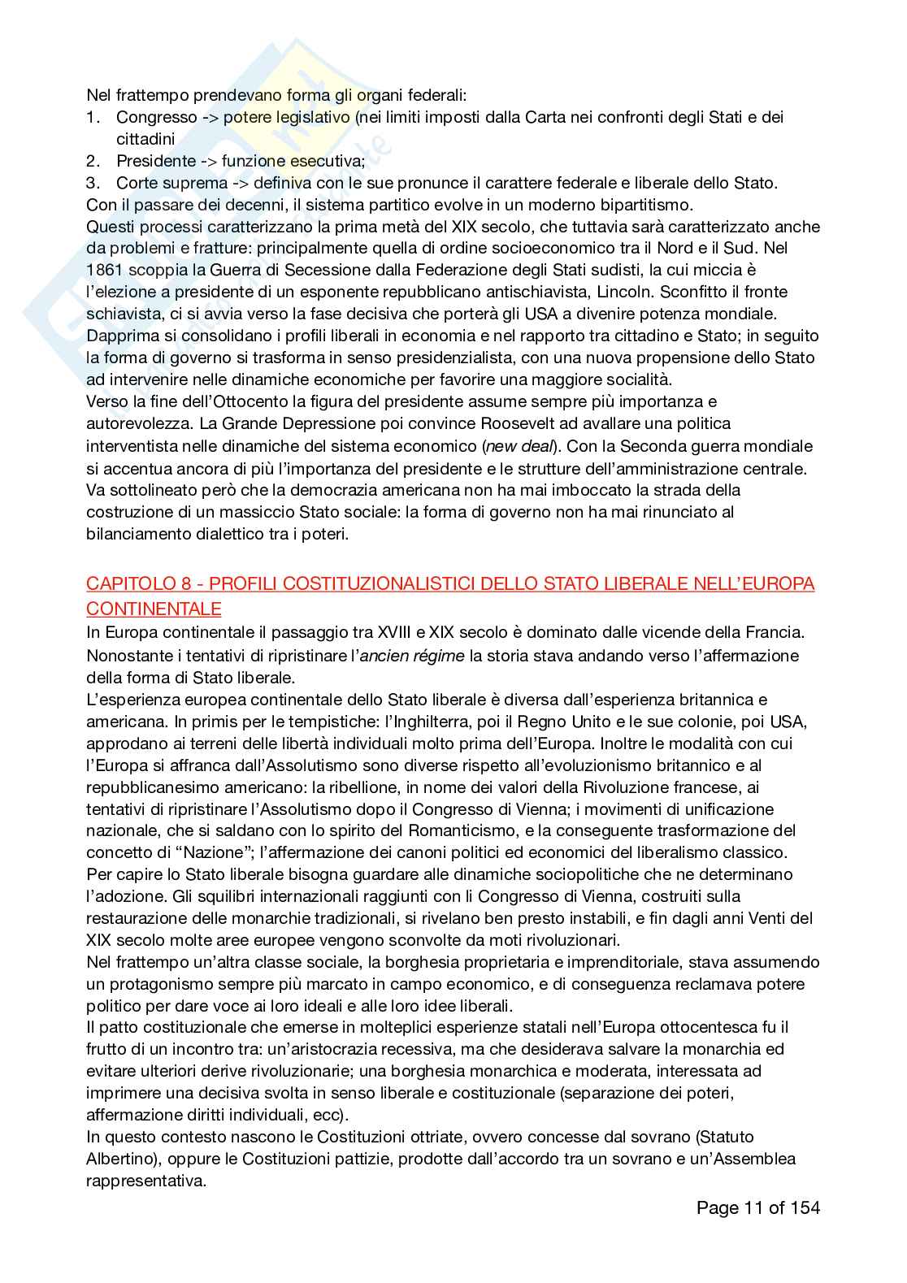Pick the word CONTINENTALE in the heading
[154, 609]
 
